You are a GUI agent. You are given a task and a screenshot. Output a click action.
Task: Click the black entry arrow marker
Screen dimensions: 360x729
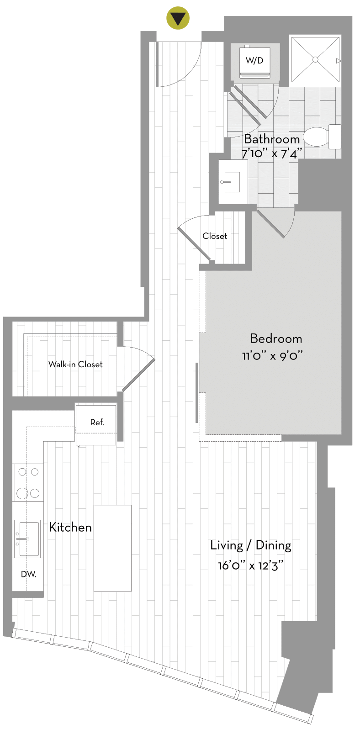(x=178, y=18)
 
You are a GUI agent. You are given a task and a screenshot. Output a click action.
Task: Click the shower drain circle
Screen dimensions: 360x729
(x=315, y=59)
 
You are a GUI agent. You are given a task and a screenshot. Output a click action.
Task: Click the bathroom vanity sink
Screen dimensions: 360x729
(x=232, y=182)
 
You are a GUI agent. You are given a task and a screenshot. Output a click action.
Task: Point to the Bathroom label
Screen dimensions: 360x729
(x=272, y=139)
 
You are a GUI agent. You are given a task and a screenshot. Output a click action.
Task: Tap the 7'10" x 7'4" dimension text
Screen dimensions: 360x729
(x=272, y=153)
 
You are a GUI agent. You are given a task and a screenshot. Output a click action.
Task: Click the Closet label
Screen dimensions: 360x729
(x=215, y=236)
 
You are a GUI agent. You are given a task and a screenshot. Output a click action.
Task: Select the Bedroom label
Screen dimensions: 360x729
(x=276, y=339)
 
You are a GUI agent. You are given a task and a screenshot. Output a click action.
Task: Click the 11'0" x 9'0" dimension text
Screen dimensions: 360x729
(x=272, y=356)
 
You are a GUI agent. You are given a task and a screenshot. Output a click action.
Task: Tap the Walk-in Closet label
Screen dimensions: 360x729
(x=75, y=364)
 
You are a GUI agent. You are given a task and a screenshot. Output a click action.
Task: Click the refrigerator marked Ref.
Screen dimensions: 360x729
(x=96, y=425)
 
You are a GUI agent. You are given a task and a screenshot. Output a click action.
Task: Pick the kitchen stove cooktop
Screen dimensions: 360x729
(x=28, y=482)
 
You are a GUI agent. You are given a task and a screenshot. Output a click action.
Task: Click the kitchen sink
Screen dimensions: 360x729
(x=28, y=539)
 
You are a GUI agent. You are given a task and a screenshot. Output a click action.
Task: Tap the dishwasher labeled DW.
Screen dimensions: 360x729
(x=28, y=575)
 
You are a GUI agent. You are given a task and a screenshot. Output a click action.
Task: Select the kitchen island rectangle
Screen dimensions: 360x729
(x=113, y=548)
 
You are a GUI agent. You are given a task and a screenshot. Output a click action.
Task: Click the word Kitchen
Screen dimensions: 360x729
(x=70, y=527)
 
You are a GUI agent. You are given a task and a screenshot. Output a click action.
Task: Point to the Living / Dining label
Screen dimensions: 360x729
(x=251, y=545)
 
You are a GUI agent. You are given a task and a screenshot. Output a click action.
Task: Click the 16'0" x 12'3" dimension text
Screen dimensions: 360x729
(x=251, y=565)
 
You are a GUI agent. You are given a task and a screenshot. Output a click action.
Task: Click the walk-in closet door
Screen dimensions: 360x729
(x=138, y=375)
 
